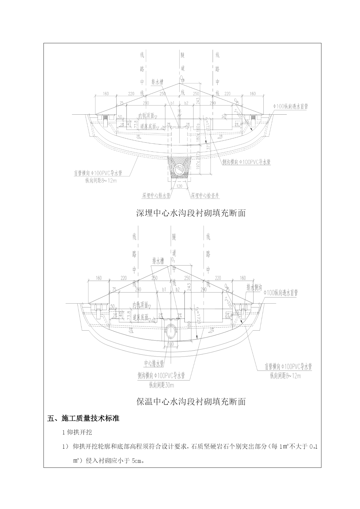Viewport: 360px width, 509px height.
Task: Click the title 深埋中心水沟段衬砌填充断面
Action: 191,213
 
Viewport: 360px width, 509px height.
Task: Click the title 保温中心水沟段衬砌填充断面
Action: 191,401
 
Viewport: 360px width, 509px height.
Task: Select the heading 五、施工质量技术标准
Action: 83,418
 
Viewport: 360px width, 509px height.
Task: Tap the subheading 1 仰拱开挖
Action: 77,432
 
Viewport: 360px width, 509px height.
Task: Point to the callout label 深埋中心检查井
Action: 205,196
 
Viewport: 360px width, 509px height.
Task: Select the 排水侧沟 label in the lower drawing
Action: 254,288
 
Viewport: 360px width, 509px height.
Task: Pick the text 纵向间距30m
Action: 162,385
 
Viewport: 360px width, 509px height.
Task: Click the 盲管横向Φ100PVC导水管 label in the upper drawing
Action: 98,173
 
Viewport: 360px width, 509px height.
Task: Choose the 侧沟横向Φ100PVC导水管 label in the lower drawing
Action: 161,376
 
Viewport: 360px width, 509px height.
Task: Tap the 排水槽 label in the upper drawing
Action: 157,82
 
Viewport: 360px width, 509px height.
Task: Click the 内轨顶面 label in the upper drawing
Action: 146,116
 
